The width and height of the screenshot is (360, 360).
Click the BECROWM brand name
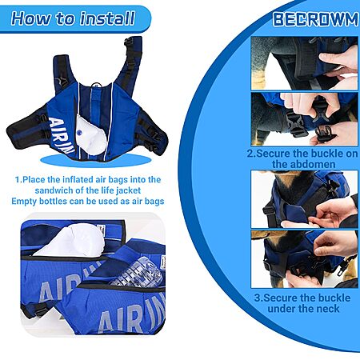point(315,19)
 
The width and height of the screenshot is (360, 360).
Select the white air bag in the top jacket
point(91,135)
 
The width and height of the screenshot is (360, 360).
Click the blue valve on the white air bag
point(79,132)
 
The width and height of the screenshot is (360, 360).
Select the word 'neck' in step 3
point(328,309)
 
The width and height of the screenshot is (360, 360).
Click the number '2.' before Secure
point(251,154)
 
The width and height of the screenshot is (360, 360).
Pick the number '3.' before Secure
point(258,298)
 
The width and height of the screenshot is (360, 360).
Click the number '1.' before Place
point(18,179)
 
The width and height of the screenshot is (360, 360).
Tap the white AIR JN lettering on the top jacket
point(62,135)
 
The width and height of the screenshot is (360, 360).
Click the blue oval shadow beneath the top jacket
point(96,161)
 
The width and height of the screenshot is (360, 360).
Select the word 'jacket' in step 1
point(129,190)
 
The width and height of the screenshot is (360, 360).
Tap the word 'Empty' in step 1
point(24,202)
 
